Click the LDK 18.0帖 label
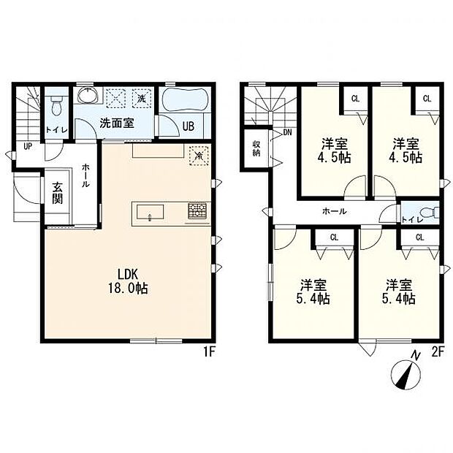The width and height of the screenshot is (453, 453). point(128,281)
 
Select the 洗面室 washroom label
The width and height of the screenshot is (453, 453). point(117,123)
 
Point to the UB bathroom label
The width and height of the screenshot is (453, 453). point(189,126)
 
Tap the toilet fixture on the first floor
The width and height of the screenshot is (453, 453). point(56,106)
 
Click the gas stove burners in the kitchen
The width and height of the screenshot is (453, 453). point(198,210)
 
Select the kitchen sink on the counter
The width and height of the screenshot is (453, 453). point(151,213)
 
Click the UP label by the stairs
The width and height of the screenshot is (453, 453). point(28,146)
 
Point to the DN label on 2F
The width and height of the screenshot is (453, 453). point(287,132)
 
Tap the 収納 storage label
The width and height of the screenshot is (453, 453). point(256,148)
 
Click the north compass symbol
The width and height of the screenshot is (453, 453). point(406,375)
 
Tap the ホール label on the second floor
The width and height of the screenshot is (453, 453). point(334,211)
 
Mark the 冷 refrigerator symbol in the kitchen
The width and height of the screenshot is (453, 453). point(199,156)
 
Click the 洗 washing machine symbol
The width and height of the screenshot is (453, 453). point(142,99)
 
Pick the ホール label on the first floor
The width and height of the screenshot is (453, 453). point(85,175)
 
